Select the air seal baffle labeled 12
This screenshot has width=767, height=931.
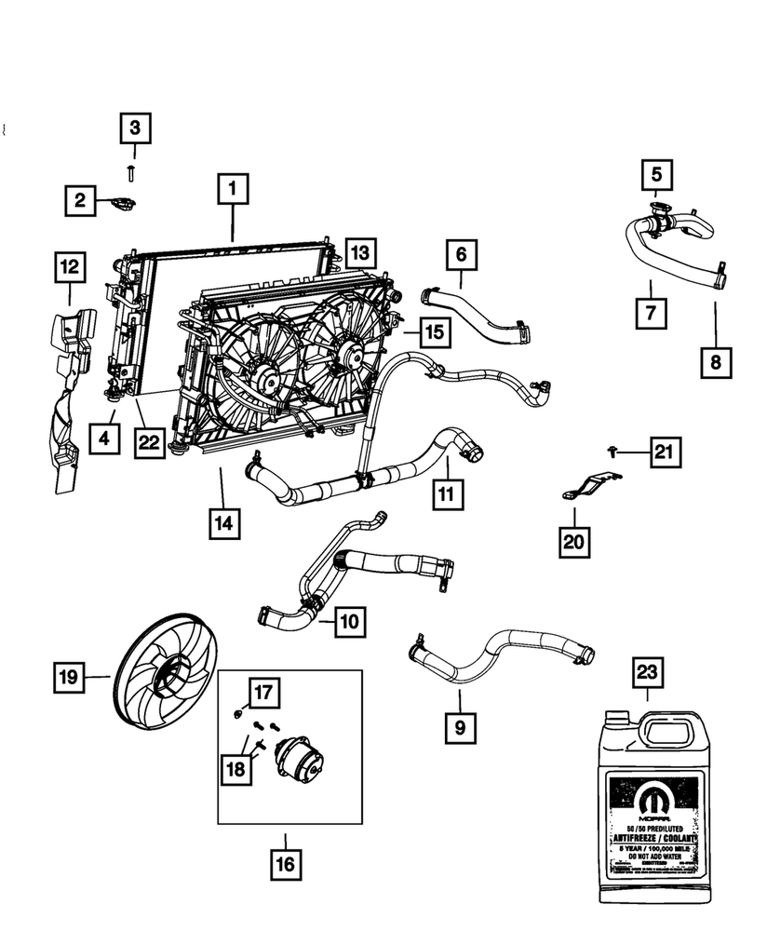67,400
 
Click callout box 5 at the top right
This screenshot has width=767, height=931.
656,174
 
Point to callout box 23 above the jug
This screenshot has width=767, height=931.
649,671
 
